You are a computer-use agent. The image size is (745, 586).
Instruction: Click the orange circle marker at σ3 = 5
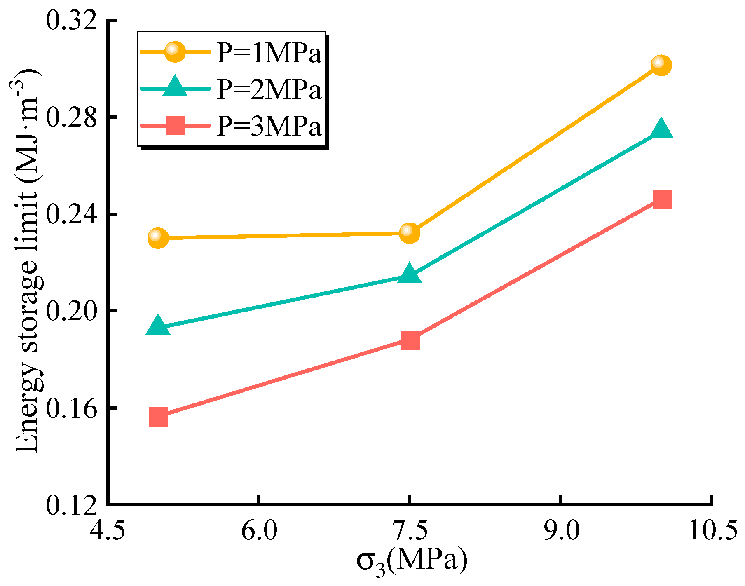pos(158,238)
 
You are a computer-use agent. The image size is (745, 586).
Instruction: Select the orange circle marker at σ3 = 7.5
pos(410,233)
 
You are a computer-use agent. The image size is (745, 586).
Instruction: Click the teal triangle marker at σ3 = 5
pos(158,326)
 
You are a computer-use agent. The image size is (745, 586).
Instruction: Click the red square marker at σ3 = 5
pos(158,417)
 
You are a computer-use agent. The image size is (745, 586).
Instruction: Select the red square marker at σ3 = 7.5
pos(410,340)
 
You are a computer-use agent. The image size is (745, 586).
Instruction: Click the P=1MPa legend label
pos(269,53)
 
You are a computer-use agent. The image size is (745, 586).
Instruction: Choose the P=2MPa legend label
pos(269,89)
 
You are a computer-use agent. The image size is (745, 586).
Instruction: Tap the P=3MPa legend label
pos(269,126)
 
